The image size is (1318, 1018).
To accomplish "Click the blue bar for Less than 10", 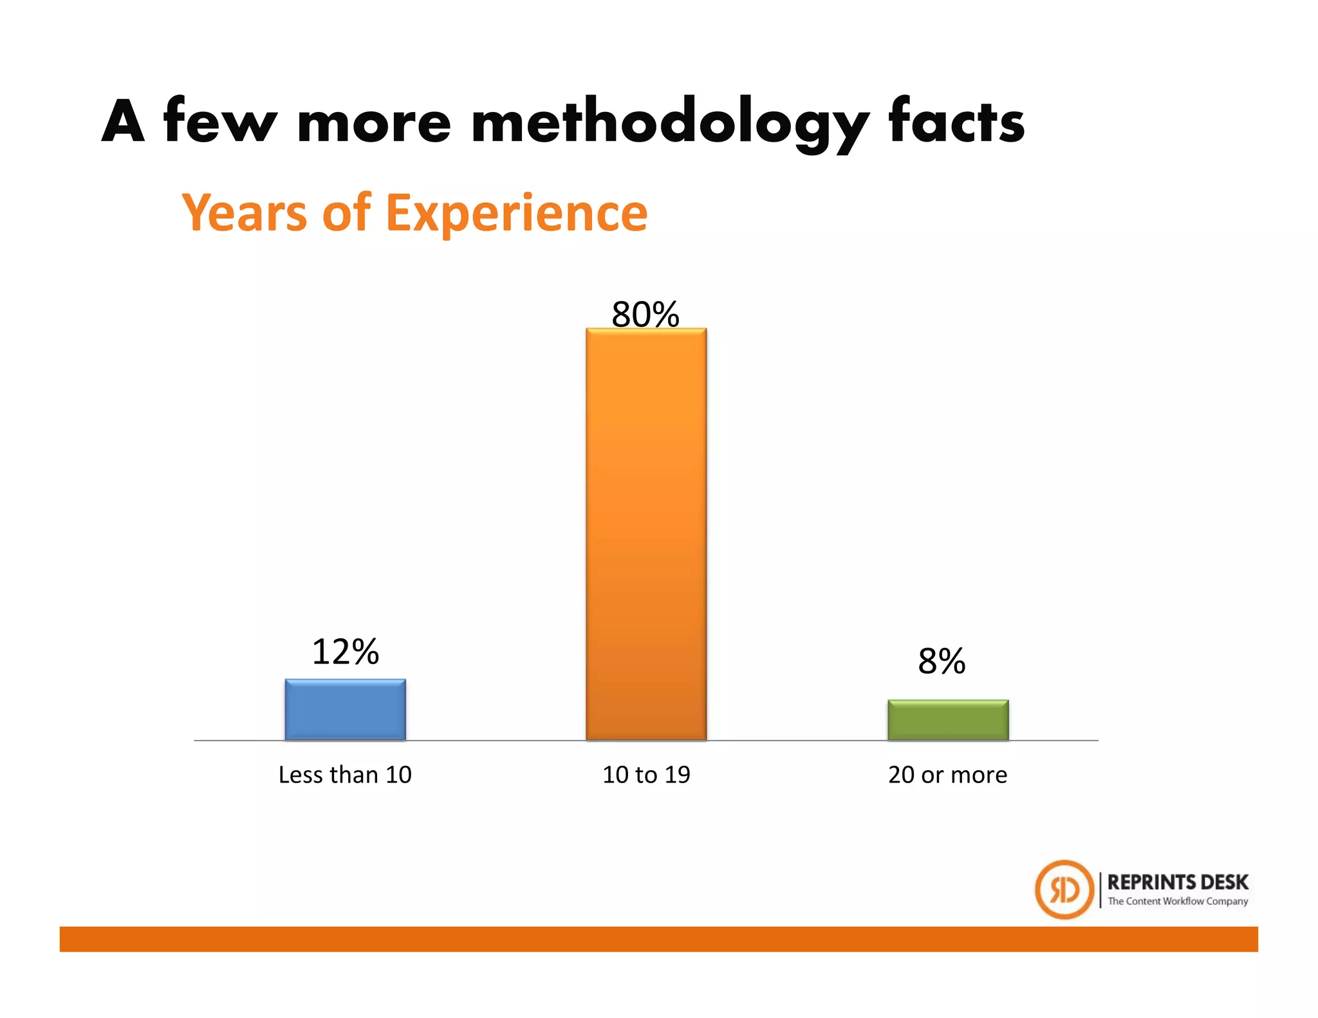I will pos(345,709).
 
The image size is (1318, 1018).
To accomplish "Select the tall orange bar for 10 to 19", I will pos(645,534).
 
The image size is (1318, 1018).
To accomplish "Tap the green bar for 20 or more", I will pos(947,719).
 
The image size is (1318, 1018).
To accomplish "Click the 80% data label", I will pos(645,314).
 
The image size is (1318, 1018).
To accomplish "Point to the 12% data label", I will pos(345,651).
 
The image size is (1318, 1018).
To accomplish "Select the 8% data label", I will pos(942,661).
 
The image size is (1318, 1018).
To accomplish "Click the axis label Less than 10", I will pos(345,774).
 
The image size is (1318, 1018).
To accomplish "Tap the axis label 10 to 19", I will pos(646,774).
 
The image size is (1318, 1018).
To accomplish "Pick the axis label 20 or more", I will pos(947,774).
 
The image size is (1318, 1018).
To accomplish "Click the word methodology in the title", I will pos(669,122).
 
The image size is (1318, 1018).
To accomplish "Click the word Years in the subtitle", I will pos(245,212).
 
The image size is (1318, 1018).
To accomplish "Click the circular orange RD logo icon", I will pos(1064,889).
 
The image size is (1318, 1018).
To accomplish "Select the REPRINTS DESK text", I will pos(1177,882).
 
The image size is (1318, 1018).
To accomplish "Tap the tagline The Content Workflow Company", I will pos(1177,901).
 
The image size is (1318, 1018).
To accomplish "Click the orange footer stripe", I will pos(658,939).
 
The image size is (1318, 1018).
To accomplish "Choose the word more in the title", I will pos(374,122).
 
